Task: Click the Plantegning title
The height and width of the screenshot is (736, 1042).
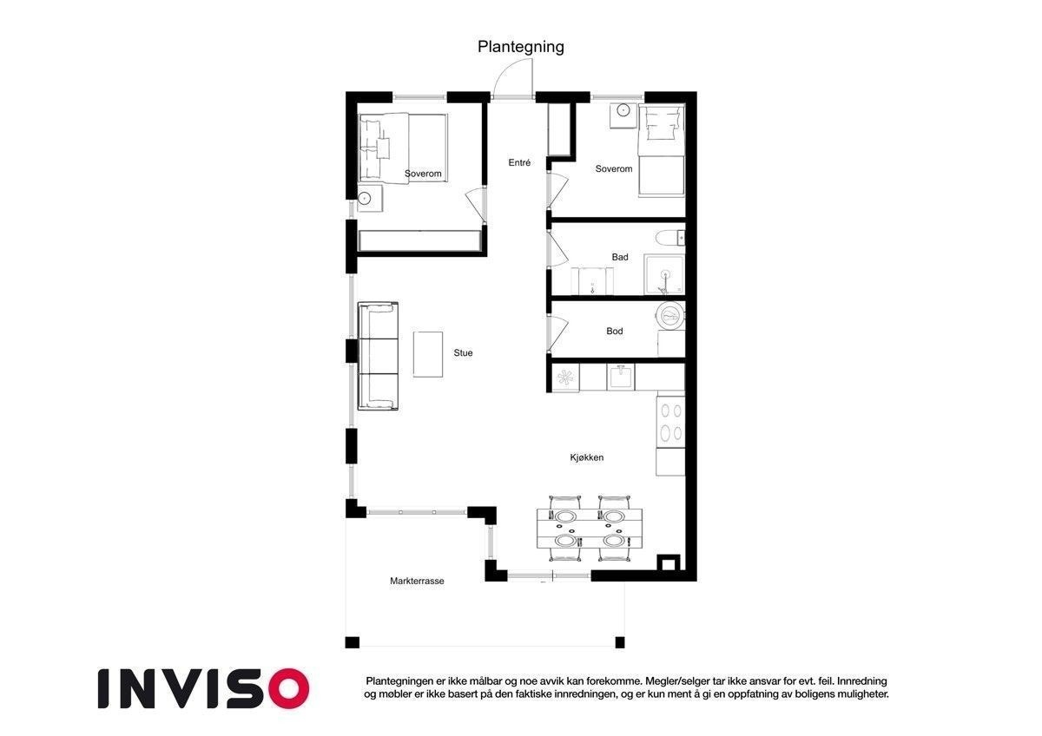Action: point(520,47)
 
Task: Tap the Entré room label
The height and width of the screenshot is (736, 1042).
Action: point(519,162)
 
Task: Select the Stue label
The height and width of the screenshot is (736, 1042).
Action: point(463,353)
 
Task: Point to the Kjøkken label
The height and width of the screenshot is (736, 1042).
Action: point(587,457)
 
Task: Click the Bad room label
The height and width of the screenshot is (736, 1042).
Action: point(620,257)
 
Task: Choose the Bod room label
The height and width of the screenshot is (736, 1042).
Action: point(615,331)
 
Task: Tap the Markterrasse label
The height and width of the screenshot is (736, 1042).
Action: point(417,581)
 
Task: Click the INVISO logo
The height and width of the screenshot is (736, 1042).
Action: point(203,688)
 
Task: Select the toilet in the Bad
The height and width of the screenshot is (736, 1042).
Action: point(670,239)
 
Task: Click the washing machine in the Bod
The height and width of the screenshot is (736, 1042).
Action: point(669,316)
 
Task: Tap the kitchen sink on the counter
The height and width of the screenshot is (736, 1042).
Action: point(621,378)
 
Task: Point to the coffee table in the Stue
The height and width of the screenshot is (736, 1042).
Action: point(428,354)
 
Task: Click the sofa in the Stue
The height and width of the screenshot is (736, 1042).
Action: point(378,356)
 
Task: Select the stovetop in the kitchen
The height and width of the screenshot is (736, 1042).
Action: point(670,422)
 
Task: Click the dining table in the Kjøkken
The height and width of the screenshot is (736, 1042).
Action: point(590,529)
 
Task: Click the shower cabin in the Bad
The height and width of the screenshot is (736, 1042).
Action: point(664,274)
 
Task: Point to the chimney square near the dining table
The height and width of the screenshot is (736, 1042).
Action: point(668,563)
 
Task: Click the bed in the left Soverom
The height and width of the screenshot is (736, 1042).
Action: point(403,148)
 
